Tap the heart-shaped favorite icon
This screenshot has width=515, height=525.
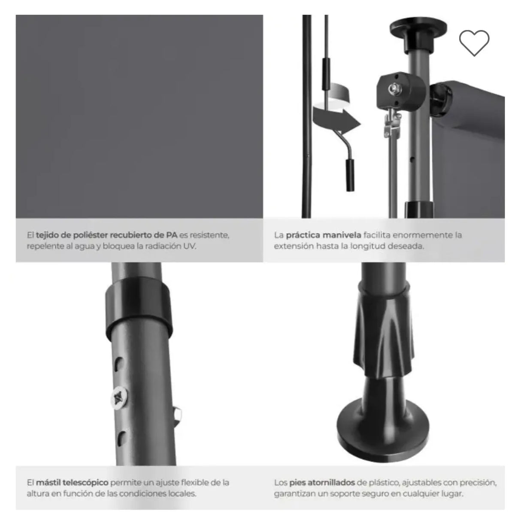[474, 43]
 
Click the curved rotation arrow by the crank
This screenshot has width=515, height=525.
[336, 115]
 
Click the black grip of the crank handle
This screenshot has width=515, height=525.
[350, 175]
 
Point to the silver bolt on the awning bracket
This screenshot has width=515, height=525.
[393, 88]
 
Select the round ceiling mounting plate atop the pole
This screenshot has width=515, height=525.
[418, 27]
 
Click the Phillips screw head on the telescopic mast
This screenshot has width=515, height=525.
[119, 398]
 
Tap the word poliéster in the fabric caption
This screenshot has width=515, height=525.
[91, 235]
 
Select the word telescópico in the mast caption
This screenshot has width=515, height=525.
[85, 483]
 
